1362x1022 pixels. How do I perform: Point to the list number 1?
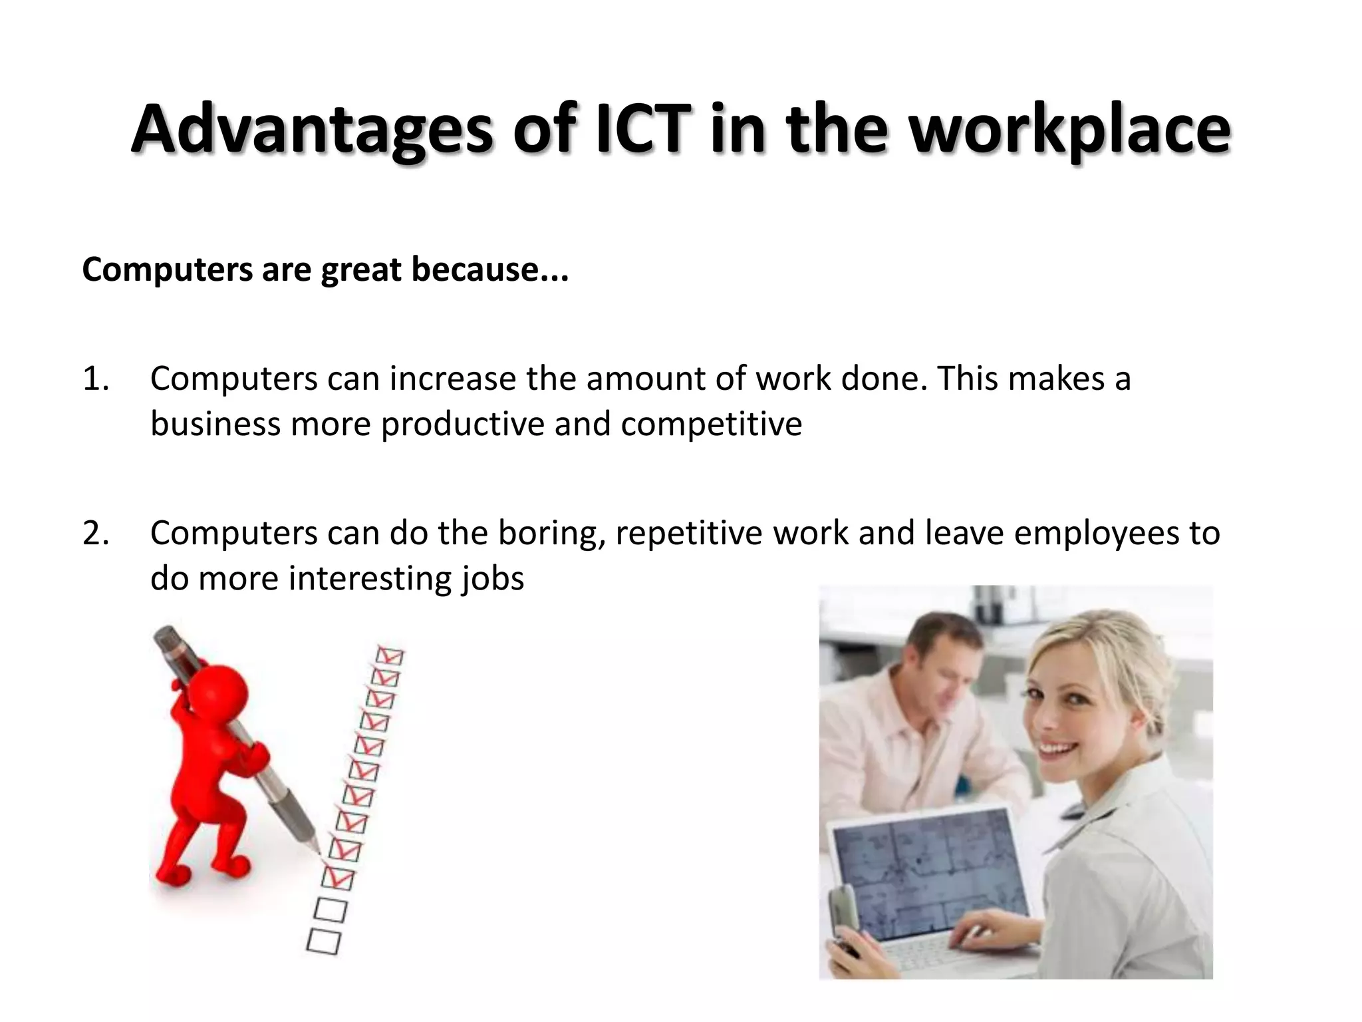coord(96,379)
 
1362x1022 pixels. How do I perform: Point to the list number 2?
coord(96,533)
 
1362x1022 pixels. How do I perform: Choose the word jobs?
coord(493,578)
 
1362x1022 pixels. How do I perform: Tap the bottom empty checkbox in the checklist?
coord(324,941)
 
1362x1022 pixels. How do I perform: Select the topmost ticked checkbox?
coord(390,655)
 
